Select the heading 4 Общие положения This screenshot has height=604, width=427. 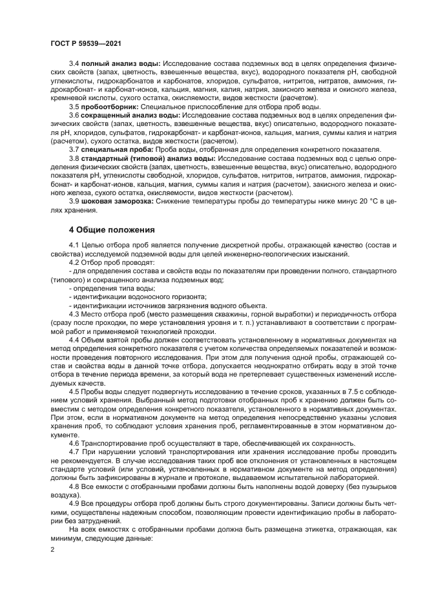[x=110, y=229]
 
